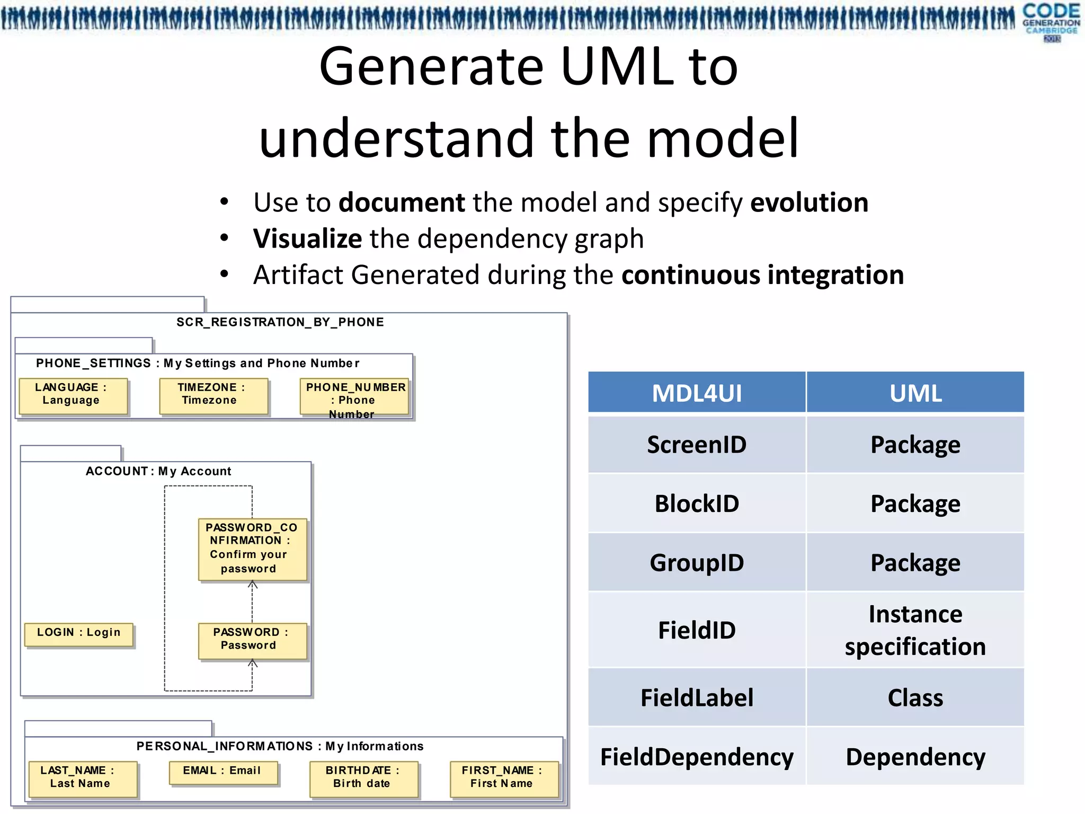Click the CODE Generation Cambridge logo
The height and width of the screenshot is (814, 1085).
[x=1051, y=21]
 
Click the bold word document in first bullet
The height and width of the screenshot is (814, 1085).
[x=402, y=202]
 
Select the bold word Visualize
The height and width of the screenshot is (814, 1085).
[x=307, y=238]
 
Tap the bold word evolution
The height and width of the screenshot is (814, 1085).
[x=810, y=202]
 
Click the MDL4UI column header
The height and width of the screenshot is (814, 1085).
[x=697, y=393]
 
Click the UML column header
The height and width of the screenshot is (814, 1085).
[x=915, y=393]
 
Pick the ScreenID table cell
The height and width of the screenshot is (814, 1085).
[x=697, y=444]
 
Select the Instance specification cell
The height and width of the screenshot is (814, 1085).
[x=915, y=630]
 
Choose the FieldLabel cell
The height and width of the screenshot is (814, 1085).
[x=697, y=697]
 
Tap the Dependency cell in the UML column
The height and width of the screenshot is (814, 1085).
[x=915, y=757]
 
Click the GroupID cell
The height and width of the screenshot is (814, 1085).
[x=697, y=562]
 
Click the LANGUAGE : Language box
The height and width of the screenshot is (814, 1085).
[x=73, y=395]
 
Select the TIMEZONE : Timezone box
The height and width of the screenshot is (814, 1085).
[x=214, y=395]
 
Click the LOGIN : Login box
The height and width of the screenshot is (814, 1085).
[x=78, y=634]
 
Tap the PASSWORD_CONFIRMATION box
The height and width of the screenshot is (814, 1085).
[x=252, y=549]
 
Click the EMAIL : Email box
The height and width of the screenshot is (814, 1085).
[x=223, y=772]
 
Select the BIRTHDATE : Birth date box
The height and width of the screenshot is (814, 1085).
[x=363, y=778]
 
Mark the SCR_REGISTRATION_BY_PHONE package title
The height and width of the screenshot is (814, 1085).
[x=280, y=322]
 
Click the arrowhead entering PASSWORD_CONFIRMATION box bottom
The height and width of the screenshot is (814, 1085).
[x=253, y=585]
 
